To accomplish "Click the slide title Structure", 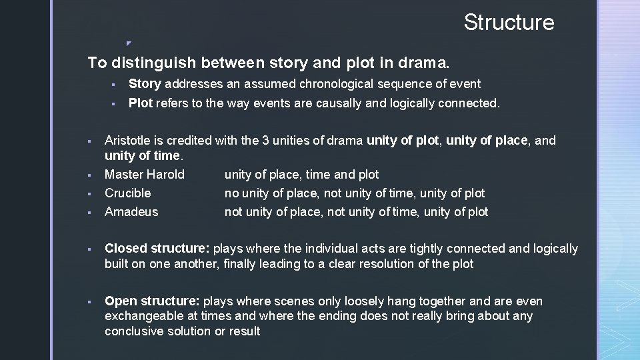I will (509, 22).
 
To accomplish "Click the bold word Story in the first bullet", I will (144, 84).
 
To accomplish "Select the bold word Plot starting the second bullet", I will (140, 103).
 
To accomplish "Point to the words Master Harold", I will (145, 175).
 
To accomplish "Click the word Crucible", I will (128, 193).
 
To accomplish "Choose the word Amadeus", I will (131, 212).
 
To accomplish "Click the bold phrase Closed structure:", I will (157, 249).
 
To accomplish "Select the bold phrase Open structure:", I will (152, 301).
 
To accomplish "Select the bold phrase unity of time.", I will (142, 156).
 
